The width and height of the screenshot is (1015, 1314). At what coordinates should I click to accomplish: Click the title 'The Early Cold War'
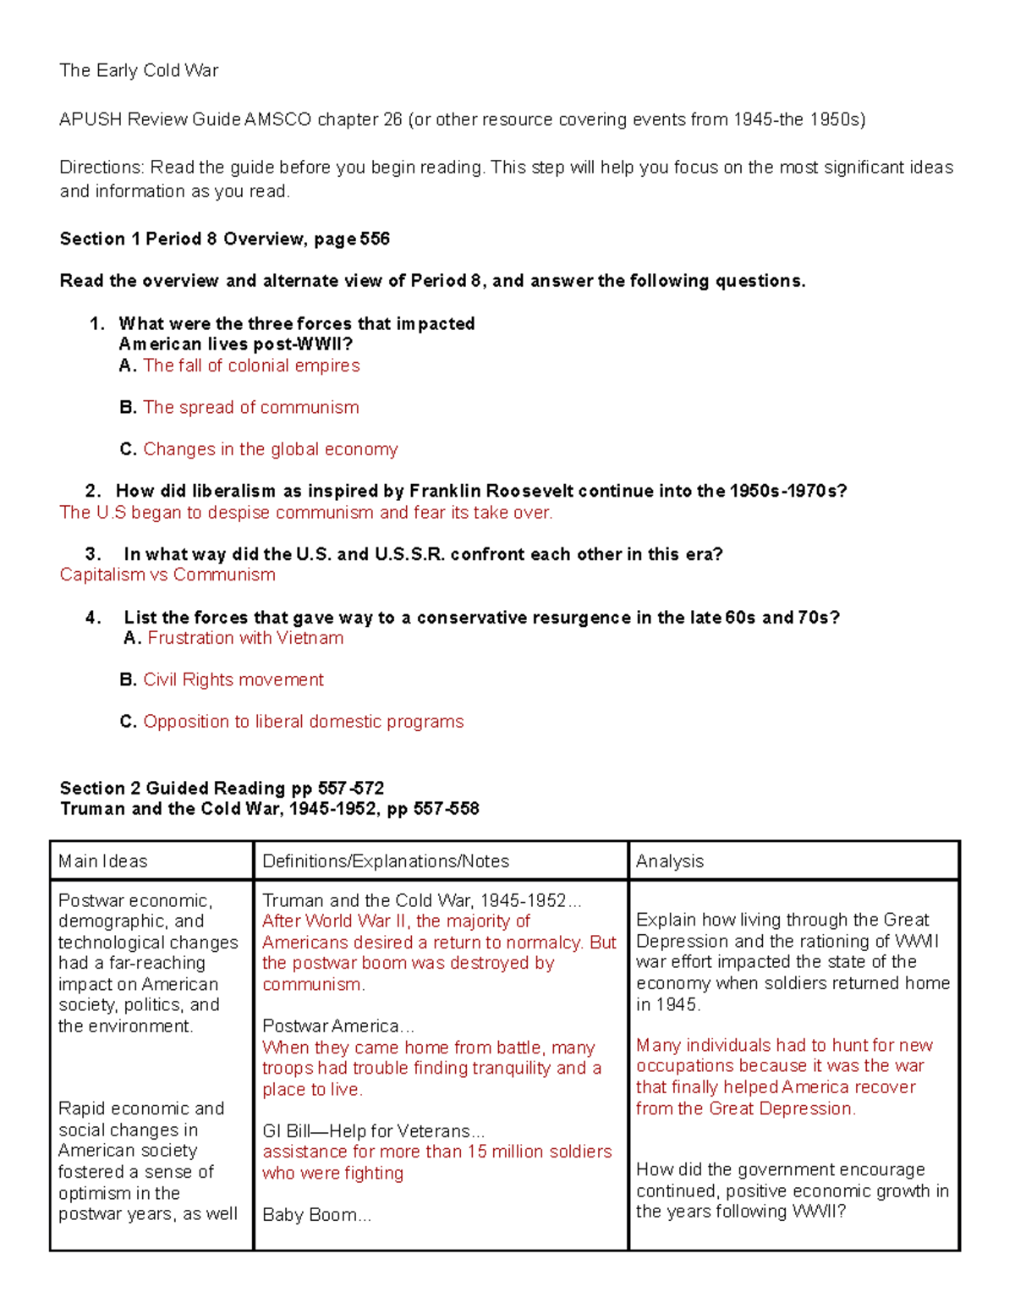click(139, 71)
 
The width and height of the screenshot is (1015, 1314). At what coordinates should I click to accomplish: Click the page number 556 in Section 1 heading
click(375, 239)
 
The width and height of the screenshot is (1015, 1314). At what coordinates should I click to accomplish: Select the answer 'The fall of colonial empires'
click(251, 366)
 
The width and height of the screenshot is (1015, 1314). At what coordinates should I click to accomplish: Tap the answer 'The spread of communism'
click(250, 407)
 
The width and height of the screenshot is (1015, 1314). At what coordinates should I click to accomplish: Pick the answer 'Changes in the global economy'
click(270, 449)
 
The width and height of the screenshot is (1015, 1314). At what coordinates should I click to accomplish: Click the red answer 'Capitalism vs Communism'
click(167, 575)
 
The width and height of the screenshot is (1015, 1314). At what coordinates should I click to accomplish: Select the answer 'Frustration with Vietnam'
click(245, 638)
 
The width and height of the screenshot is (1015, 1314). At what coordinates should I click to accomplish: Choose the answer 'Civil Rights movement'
click(233, 680)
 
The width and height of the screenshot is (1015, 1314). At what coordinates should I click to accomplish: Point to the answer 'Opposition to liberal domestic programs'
click(303, 722)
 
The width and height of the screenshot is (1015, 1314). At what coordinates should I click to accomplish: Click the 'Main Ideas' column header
click(102, 861)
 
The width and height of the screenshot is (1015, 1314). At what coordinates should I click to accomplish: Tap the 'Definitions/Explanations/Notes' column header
click(386, 861)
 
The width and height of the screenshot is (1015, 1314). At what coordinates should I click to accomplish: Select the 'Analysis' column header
click(669, 861)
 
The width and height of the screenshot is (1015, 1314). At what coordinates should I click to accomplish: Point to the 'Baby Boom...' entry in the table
click(316, 1215)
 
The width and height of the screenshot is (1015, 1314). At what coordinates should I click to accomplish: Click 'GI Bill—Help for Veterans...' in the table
click(373, 1131)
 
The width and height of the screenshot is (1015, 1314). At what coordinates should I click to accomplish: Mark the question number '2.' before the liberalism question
click(93, 492)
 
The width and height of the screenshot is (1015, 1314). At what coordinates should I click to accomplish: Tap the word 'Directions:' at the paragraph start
click(101, 168)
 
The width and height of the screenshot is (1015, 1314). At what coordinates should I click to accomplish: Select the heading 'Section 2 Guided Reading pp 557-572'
click(222, 789)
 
